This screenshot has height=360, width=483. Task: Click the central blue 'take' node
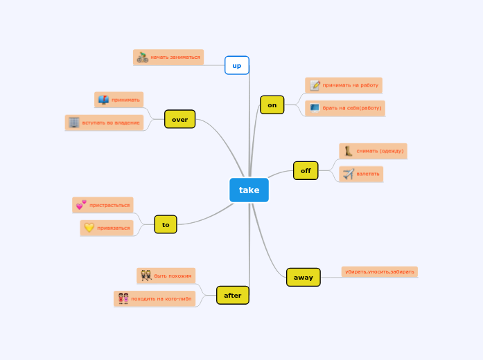coord(249,190)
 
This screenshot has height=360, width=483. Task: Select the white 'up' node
coord(237,66)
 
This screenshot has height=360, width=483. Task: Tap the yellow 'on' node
coord(272,105)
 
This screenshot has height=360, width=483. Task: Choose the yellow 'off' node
coord(306,170)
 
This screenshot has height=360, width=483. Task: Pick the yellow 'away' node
coord(304,277)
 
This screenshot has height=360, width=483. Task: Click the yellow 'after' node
coord(233,295)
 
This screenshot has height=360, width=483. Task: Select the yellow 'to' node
coord(166,224)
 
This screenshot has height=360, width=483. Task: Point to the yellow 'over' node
coord(179,119)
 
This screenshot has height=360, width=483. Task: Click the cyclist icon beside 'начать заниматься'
coord(143,57)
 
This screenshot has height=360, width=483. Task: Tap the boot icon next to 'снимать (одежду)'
coord(349,151)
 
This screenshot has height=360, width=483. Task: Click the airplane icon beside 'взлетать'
coord(349,174)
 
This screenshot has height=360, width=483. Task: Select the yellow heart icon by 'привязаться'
coord(89,227)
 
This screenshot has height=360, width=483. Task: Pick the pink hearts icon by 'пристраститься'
coord(81,205)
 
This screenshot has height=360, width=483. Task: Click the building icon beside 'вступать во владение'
coord(73,123)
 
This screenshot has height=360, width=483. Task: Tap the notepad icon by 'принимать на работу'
coord(315,85)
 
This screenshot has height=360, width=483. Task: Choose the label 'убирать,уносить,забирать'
coord(380,272)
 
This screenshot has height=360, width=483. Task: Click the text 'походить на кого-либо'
coord(161,299)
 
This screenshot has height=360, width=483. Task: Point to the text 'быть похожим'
coord(173,276)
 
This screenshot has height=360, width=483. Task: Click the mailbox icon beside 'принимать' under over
coord(103,100)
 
